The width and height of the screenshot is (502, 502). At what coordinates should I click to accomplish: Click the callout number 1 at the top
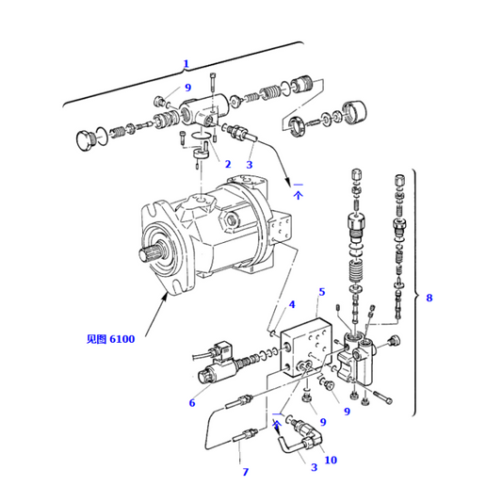click(x=186, y=64)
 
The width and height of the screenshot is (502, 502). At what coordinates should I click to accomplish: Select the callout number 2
click(x=227, y=164)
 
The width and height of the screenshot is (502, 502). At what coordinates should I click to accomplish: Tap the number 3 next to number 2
click(x=250, y=164)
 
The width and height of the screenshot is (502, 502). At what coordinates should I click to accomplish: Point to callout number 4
click(x=292, y=304)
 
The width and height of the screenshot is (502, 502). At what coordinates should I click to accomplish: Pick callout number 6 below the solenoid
click(x=192, y=403)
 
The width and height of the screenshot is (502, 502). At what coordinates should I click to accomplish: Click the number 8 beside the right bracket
click(x=429, y=299)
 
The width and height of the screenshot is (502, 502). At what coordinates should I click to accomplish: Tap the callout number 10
click(x=331, y=460)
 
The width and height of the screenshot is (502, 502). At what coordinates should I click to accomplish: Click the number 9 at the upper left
click(x=187, y=88)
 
